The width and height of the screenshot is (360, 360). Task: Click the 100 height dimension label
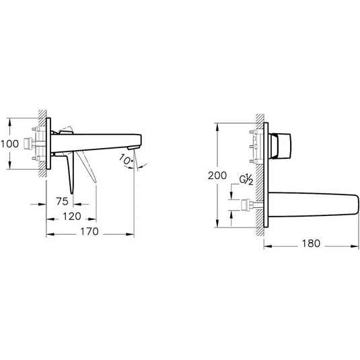pos(10,143)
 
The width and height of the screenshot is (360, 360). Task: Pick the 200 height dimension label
pos(217,176)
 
